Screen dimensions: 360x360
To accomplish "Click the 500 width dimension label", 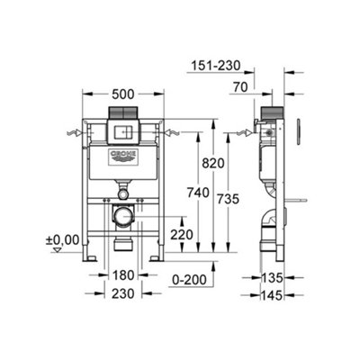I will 122,93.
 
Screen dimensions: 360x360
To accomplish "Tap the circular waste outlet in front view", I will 123,216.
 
